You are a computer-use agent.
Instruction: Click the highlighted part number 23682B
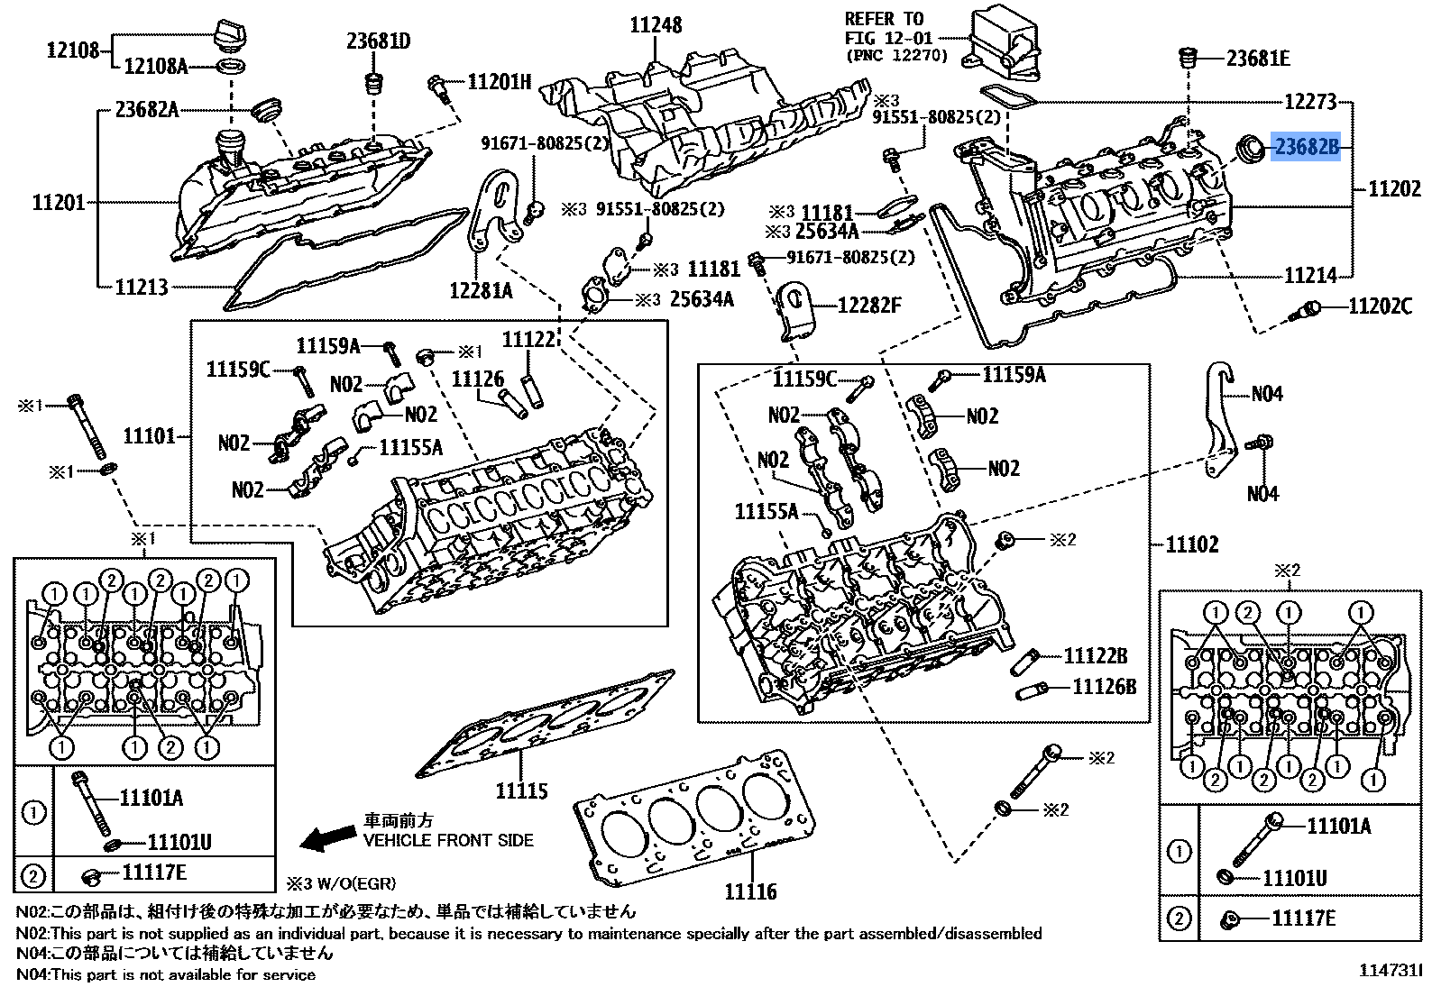click(x=1306, y=146)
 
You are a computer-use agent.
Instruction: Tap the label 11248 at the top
click(x=656, y=24)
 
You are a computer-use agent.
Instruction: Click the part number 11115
click(x=521, y=791)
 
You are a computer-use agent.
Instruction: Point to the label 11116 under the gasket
click(x=750, y=891)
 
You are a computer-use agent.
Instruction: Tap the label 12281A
click(x=481, y=290)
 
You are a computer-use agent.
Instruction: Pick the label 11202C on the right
click(x=1380, y=306)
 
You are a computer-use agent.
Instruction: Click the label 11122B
click(x=1096, y=656)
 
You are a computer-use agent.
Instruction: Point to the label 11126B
click(x=1104, y=688)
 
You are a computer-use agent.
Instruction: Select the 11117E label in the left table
click(x=154, y=872)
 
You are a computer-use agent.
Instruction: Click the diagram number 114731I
click(x=1390, y=971)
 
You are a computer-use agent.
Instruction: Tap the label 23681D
click(x=379, y=41)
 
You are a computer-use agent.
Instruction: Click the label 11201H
click(x=500, y=82)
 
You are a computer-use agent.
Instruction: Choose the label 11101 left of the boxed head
click(x=149, y=436)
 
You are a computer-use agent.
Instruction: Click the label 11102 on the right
click(x=1192, y=544)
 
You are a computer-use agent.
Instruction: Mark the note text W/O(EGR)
click(x=356, y=883)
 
